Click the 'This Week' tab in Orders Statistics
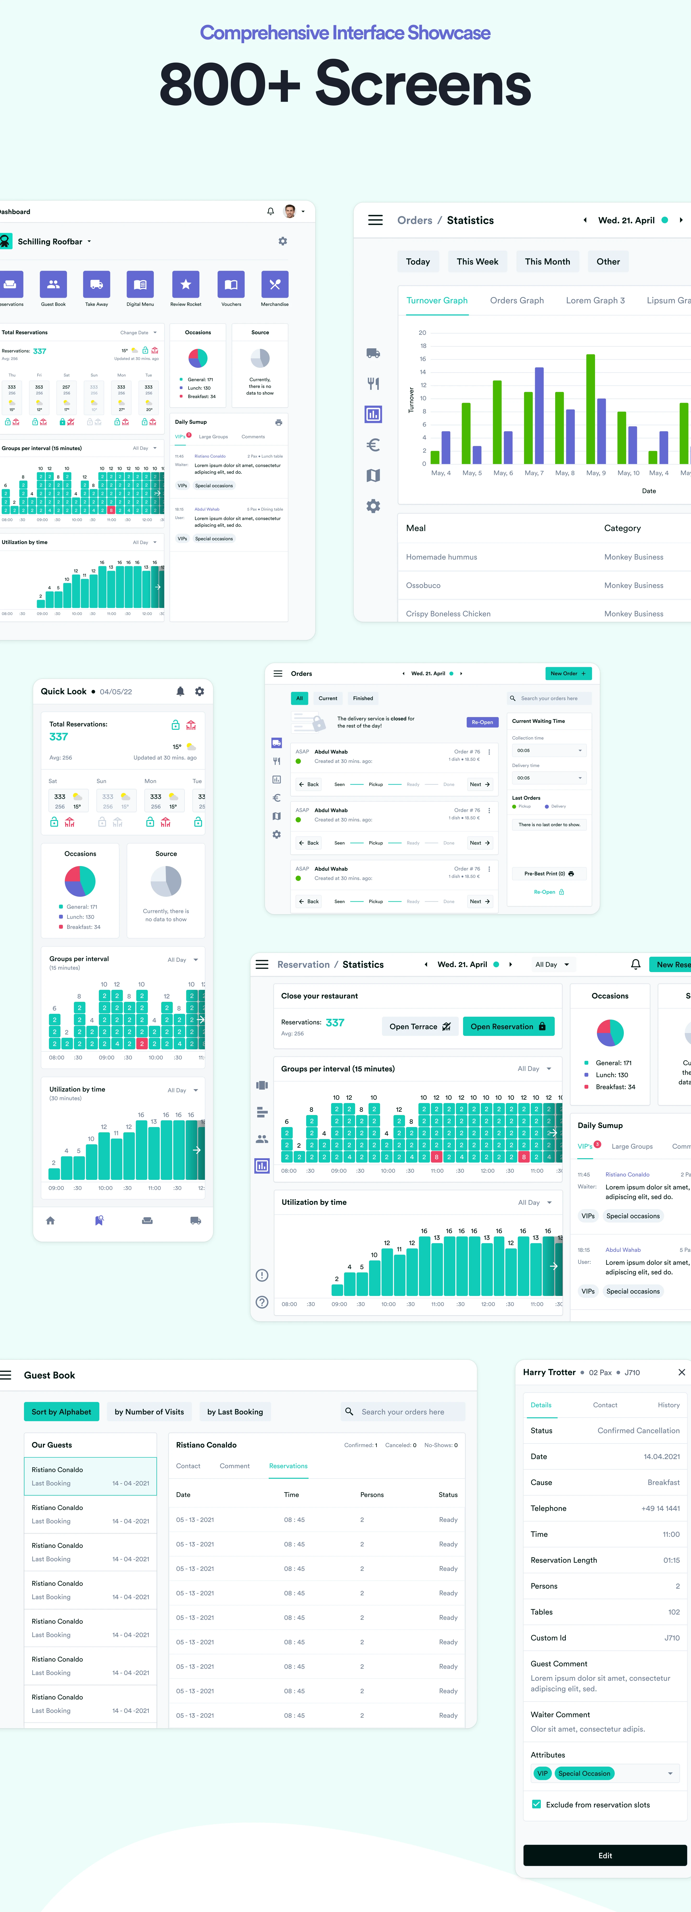[477, 261]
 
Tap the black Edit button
[605, 1855]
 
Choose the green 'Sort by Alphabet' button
[61, 1412]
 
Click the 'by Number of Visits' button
[149, 1412]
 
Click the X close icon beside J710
[681, 1372]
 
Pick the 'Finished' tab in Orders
[363, 698]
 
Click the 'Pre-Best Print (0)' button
[548, 874]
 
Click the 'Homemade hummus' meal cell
[442, 557]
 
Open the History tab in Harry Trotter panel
[668, 1405]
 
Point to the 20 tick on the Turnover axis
[422, 333]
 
